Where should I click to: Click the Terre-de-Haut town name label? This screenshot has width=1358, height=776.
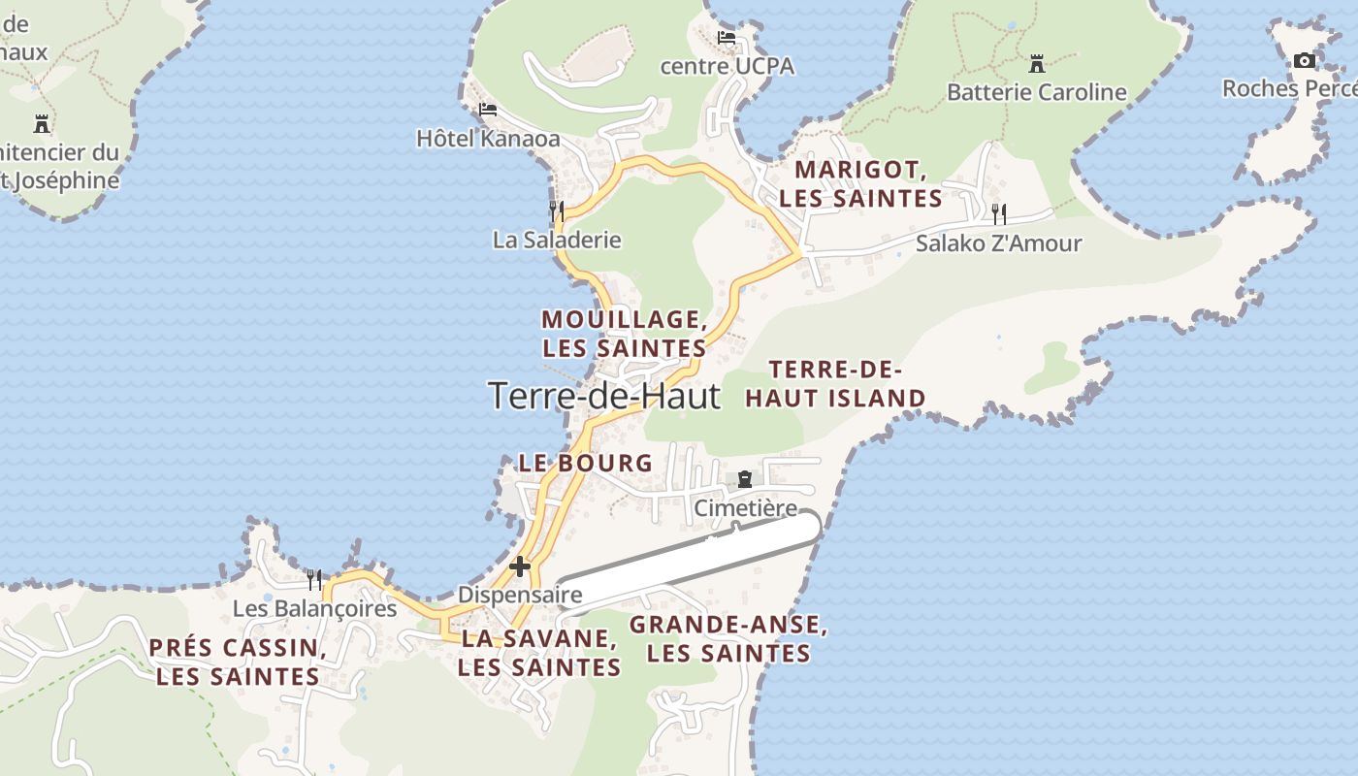coord(604,396)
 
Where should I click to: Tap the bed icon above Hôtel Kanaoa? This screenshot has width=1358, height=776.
coord(488,110)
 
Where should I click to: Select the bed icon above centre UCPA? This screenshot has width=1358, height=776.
coord(727,39)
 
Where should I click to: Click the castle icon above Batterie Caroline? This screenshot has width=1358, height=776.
coord(1037,65)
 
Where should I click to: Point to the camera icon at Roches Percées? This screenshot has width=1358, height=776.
coord(1305,61)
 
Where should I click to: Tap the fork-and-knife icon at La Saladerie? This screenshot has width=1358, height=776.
coord(557,210)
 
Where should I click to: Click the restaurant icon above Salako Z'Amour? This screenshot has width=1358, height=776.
coord(998,213)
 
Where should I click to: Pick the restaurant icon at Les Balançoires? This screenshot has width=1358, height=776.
coord(314,580)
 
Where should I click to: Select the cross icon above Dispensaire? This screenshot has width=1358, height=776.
coord(520,566)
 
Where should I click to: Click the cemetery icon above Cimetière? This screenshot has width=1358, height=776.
coord(744,479)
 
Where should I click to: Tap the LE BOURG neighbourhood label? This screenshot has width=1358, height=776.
coord(586,463)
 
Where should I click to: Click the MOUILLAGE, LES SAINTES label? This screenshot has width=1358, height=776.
coord(624,333)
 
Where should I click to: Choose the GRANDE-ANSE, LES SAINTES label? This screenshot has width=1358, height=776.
coord(728,638)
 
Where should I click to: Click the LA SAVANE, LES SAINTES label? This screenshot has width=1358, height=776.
coord(539,653)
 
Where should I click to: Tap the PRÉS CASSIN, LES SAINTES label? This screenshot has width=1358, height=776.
coord(238,662)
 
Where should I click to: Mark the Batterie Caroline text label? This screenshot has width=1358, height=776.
coord(1037,92)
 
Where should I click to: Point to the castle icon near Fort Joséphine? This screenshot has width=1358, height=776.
coord(42,123)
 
